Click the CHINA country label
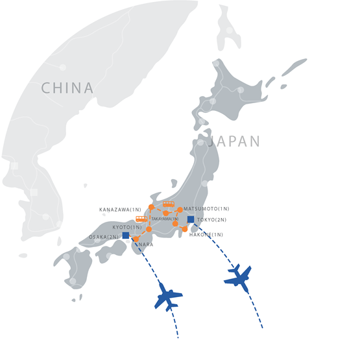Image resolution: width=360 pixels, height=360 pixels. coord(67,88)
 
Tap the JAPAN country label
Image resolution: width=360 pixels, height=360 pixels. coord(235,141)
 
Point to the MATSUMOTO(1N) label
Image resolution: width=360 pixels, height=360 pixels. coord(206,209)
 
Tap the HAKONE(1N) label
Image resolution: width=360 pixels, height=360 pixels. coord(206,234)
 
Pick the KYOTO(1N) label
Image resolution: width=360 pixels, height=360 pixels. coord(127,228)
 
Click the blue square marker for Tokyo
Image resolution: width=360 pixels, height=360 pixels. coord(191,220)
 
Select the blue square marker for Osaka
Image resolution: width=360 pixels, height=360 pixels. coord(125,235)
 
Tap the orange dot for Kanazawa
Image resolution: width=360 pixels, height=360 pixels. coord(151,208)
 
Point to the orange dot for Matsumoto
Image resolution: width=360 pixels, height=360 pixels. coord(180,210)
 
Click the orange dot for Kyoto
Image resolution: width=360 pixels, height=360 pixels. coord(149,229)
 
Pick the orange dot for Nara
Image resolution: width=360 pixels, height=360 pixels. coord(136,239)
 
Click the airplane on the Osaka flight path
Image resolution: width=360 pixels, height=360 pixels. coord(169,296)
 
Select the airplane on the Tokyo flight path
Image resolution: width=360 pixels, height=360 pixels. coord(237,277)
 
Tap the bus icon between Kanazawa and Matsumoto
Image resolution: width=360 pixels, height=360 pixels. coord(169,204)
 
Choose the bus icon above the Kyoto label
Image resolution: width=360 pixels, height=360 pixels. coord(141,219)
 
